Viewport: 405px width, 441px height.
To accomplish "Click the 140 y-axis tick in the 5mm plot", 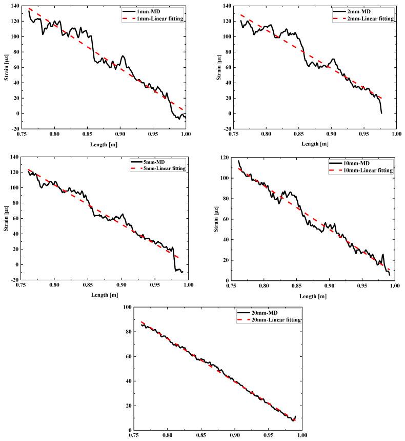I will (x=14, y=157).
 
